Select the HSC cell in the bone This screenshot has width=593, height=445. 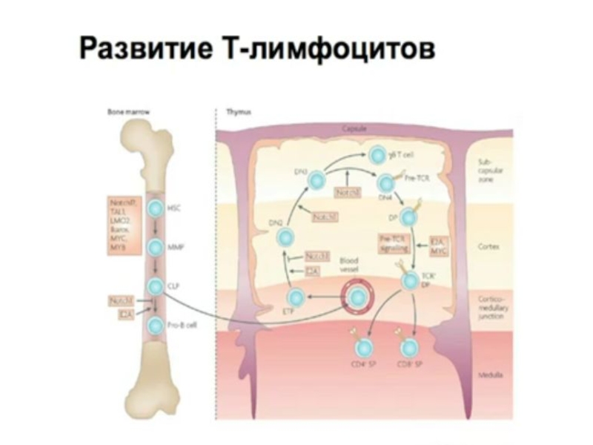(x=156, y=208)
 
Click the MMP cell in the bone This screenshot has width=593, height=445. (x=156, y=248)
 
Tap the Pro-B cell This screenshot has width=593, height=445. (x=156, y=324)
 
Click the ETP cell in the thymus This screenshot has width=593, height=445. (x=296, y=298)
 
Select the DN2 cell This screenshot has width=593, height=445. (x=287, y=237)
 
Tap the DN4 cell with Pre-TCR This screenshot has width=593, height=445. (x=386, y=182)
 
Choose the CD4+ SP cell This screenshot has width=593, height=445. (x=364, y=347)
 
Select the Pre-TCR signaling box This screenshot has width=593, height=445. (x=396, y=245)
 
